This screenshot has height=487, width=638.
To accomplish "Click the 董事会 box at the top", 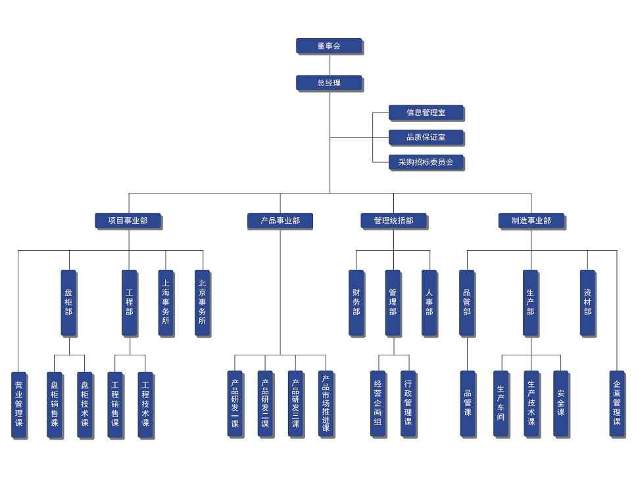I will coord(329,46).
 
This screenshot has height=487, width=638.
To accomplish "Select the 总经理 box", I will coord(329,83).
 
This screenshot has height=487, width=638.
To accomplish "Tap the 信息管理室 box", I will coord(426,113).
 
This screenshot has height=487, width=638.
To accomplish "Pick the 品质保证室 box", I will coord(426,137).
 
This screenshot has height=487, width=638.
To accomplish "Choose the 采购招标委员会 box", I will coord(426,161).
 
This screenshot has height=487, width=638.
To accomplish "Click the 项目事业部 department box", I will coord(128,220).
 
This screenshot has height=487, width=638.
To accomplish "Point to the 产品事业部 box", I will coord(280,220).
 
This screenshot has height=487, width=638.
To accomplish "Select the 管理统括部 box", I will coord(393,220).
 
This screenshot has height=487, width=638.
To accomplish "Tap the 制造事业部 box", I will coord(531,220).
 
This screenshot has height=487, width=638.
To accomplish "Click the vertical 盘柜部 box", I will coord(68,302).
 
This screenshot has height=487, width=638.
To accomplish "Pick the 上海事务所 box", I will coord(166,302).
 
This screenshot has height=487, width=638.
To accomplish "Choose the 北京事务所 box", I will coord(202,302).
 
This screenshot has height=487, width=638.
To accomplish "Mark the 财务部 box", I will coord(356,302).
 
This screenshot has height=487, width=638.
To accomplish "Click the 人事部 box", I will coord(429,302).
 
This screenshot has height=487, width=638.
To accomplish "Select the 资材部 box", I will coord(587,302).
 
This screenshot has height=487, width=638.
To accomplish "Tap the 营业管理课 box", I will coord(18,403).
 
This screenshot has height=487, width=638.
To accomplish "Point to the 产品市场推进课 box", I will coord(326,403).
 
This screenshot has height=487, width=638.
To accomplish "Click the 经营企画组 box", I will coord(378,403).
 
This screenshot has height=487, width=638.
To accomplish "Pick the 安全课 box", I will coord(560,403).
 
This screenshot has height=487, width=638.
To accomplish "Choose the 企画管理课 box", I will coord(616,403).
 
